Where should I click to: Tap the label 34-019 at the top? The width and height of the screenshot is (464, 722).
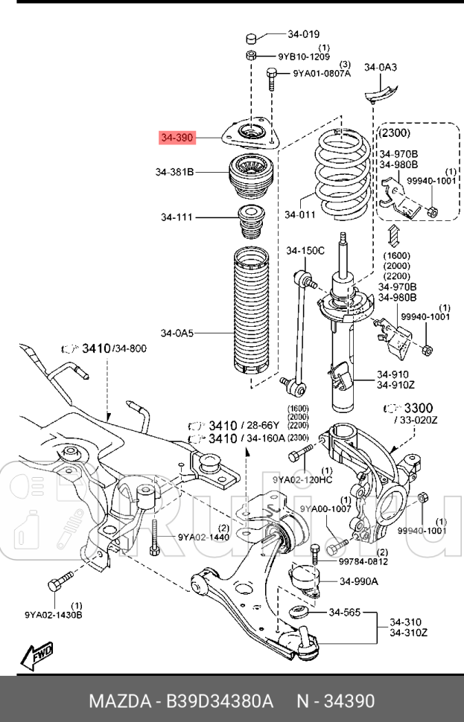click(x=303, y=33)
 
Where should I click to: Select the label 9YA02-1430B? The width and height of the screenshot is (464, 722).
click(x=53, y=615)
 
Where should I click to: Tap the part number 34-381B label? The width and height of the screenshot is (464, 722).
click(x=174, y=172)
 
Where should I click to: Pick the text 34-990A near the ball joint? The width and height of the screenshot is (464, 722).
click(x=359, y=581)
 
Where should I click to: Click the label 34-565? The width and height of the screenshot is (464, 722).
click(x=344, y=613)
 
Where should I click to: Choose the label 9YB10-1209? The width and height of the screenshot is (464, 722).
click(x=304, y=56)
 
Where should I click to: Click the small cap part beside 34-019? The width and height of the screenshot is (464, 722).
click(x=252, y=38)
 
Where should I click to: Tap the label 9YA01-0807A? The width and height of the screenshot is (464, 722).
click(x=321, y=73)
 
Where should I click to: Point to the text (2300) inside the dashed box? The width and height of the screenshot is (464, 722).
click(x=395, y=132)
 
